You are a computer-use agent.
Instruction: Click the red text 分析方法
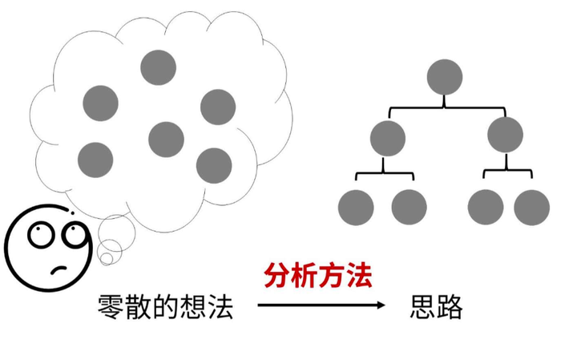pyautogui.click(x=318, y=277)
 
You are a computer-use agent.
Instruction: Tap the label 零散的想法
pyautogui.click(x=166, y=306)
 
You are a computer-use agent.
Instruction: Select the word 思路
pyautogui.click(x=437, y=306)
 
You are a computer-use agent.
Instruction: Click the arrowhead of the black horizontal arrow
pyautogui.click(x=380, y=305)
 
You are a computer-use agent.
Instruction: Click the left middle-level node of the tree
pyautogui.click(x=388, y=137)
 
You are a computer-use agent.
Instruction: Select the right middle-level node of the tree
pyautogui.click(x=505, y=134)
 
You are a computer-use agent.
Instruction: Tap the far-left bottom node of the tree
pyautogui.click(x=356, y=208)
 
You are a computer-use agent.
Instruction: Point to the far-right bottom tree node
pyautogui.click(x=532, y=208)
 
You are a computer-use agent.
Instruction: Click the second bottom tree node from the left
pyautogui.click(x=409, y=208)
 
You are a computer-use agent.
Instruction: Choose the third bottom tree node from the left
pyautogui.click(x=486, y=208)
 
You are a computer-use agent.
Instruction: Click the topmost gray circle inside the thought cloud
pyautogui.click(x=158, y=67)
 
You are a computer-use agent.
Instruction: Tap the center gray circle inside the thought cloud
pyautogui.click(x=166, y=139)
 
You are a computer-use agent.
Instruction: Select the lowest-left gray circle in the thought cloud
pyautogui.click(x=95, y=160)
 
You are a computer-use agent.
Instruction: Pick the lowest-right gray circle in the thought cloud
pyautogui.click(x=214, y=165)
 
